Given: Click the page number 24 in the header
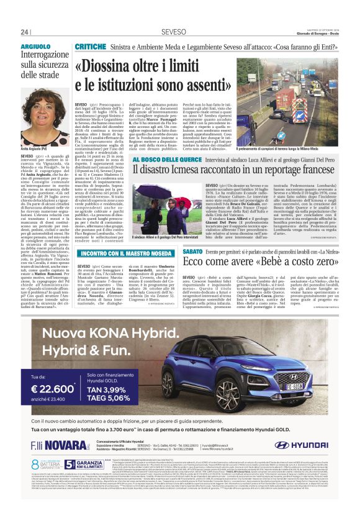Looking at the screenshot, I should tap(25, 32).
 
